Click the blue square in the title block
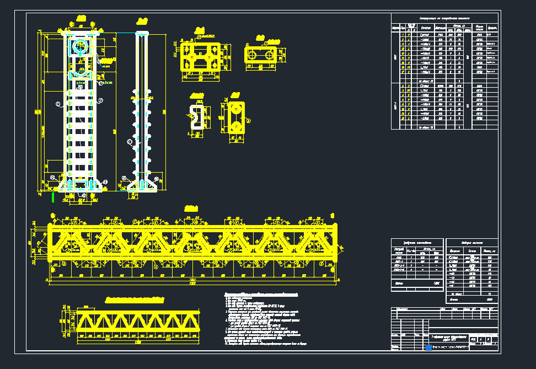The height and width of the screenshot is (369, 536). coord(428,347)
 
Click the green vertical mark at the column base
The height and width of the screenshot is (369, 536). coord(53,196)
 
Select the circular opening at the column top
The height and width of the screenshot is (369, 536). coord(81,47)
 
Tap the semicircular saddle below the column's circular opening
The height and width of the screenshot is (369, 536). coord(81,73)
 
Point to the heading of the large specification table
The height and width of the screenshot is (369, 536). coord(444,18)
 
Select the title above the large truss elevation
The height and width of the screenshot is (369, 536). coord(191,208)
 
